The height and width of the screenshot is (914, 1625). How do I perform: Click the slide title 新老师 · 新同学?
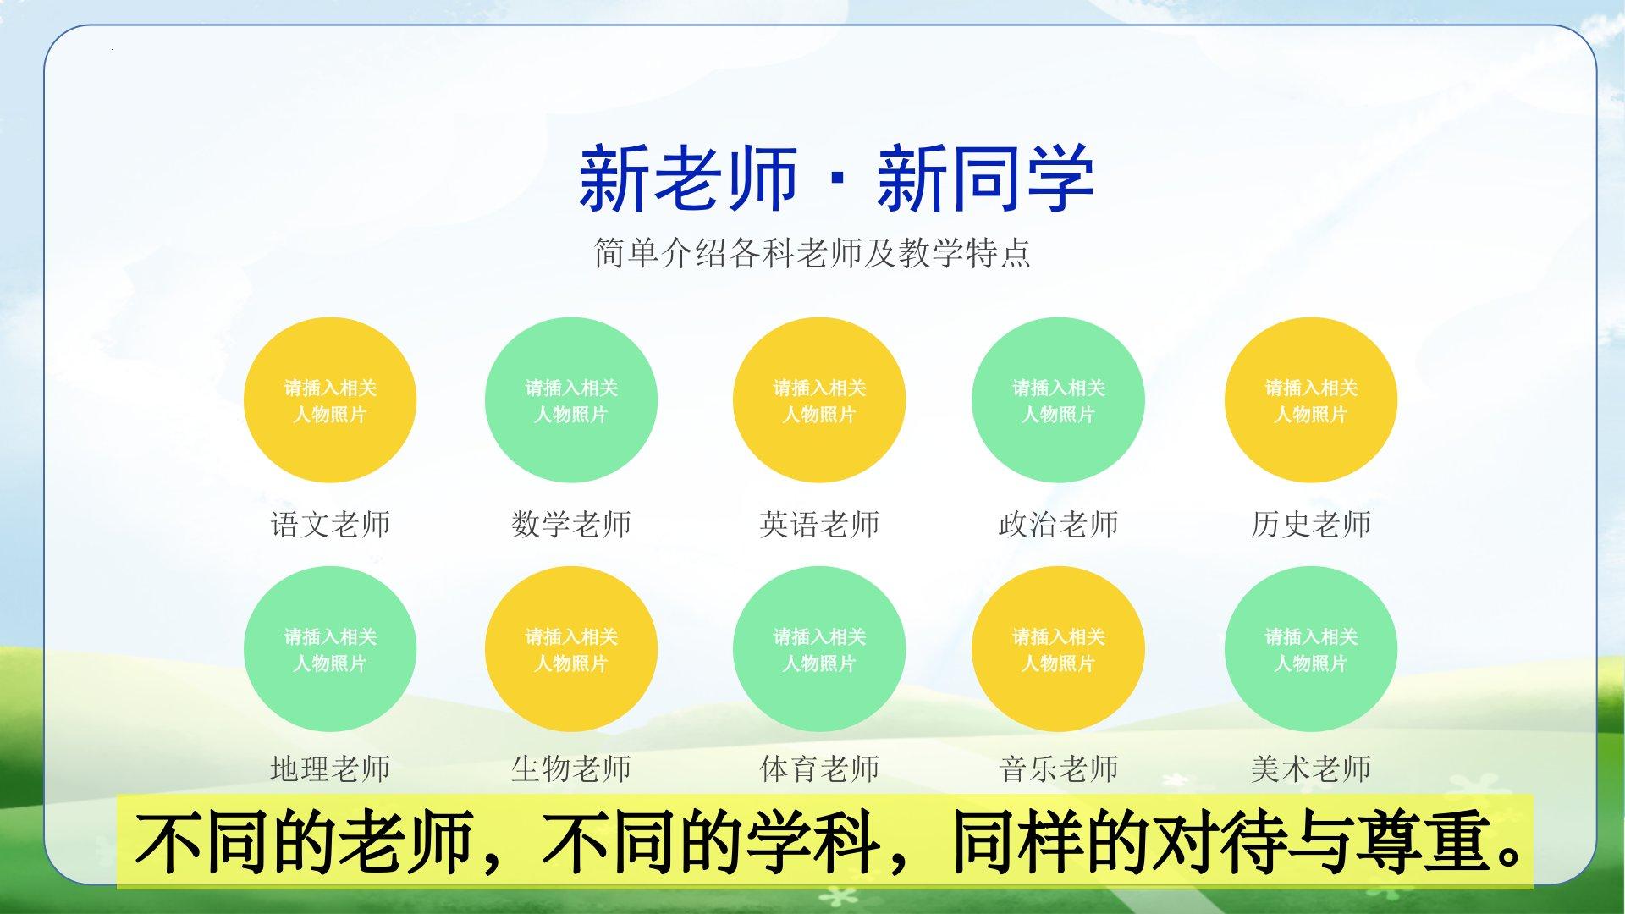836,179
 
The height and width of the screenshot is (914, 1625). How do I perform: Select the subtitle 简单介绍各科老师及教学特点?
812,253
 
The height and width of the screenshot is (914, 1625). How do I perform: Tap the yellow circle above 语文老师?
330,400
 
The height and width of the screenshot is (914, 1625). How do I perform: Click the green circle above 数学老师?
571,400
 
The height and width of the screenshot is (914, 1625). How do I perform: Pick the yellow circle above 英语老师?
819,400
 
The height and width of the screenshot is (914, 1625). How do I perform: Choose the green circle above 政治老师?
1058,400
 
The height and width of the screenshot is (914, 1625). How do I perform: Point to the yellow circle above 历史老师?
1311,400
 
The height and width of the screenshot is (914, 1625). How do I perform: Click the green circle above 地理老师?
330,649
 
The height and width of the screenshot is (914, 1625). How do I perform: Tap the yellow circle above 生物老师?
571,649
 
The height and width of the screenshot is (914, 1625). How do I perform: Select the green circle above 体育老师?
819,649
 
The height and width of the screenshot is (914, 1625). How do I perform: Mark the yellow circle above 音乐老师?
1058,649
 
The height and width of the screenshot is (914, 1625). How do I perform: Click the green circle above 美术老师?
1311,649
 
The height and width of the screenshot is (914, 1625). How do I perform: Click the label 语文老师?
330,525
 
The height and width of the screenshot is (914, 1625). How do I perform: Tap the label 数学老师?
571,525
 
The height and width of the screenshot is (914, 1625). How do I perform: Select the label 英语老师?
819,525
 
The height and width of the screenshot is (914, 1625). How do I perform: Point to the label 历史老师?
1311,525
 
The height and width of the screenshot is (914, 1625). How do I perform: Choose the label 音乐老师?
1058,768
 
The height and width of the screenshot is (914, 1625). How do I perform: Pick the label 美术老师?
1311,768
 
